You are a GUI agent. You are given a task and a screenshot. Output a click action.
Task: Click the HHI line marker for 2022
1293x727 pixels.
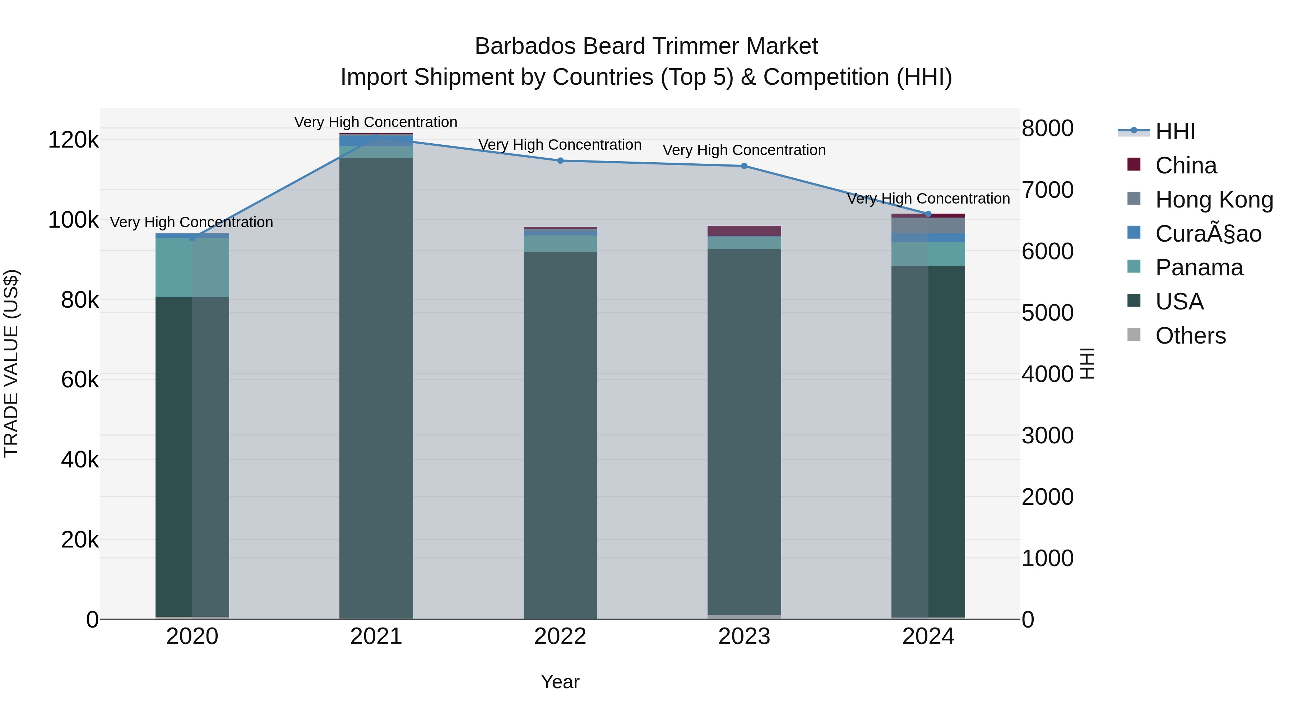click(x=560, y=160)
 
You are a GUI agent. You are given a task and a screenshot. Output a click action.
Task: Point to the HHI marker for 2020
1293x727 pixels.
click(x=192, y=238)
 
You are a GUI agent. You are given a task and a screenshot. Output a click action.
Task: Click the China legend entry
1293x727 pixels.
click(x=1186, y=166)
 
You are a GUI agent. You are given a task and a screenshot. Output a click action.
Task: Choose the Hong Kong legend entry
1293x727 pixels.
click(x=1214, y=200)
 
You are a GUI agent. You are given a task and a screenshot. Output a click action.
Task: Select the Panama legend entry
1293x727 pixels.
click(x=1199, y=267)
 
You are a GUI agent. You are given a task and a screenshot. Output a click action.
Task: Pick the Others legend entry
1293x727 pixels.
click(x=1190, y=336)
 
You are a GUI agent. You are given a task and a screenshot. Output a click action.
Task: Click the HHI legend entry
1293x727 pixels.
click(x=1174, y=131)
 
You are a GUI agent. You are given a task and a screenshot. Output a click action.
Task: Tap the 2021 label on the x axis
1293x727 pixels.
click(x=376, y=637)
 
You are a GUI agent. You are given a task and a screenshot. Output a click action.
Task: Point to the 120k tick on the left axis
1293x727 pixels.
click(x=73, y=140)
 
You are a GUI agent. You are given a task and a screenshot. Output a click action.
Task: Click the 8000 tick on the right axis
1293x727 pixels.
click(x=1048, y=128)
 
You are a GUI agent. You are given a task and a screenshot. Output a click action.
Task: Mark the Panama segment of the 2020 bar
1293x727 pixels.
click(x=192, y=267)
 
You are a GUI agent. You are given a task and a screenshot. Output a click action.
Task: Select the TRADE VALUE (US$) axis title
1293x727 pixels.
click(x=11, y=363)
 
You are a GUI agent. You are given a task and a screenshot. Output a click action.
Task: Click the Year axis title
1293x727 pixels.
click(x=560, y=682)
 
